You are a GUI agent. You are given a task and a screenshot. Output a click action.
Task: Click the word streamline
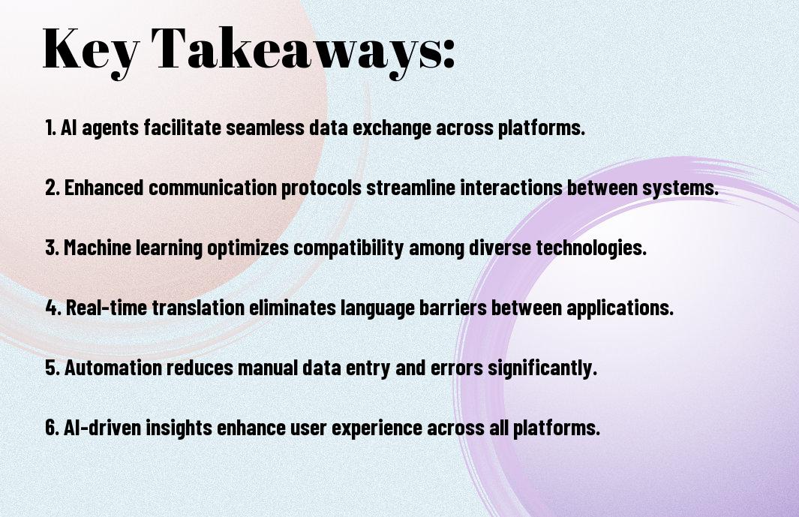(410, 188)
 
